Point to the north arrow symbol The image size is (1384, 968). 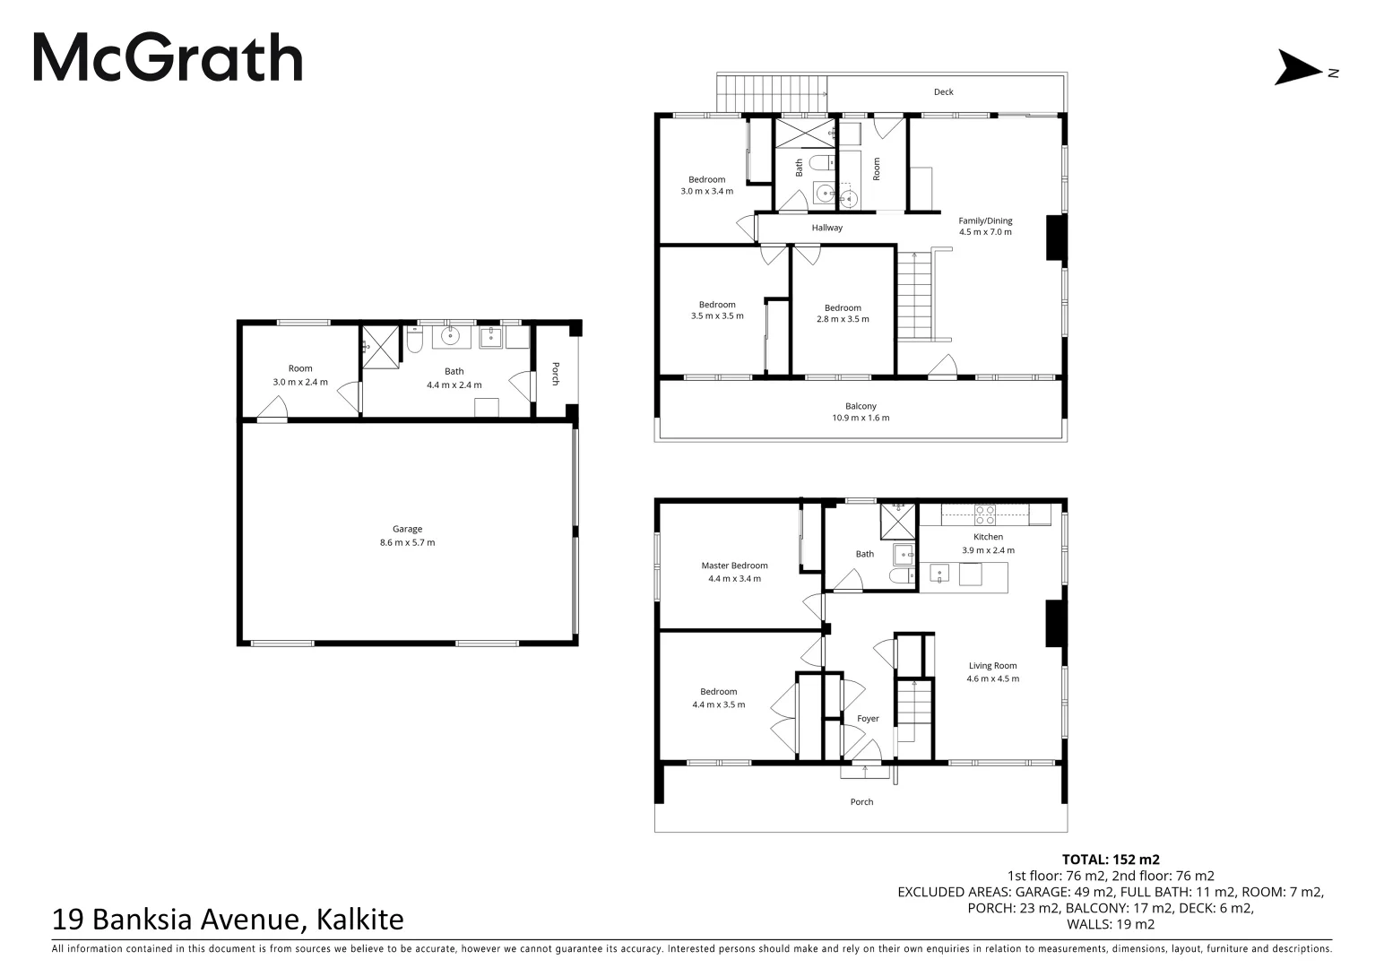1298,68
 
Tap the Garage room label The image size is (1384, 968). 407,529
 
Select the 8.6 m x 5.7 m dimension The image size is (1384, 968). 407,542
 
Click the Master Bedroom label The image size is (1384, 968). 734,566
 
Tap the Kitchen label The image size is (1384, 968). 988,537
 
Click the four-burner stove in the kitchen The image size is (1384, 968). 984,514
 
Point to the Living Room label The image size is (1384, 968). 992,666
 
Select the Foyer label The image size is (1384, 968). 868,718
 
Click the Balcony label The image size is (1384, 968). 861,406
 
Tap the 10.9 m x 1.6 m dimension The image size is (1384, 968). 861,418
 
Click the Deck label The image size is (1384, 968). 943,91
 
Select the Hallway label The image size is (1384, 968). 826,228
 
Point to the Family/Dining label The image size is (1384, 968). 985,220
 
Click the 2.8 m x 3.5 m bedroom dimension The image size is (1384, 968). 843,319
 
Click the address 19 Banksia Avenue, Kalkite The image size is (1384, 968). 229,920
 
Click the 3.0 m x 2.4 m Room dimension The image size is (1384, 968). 300,382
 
